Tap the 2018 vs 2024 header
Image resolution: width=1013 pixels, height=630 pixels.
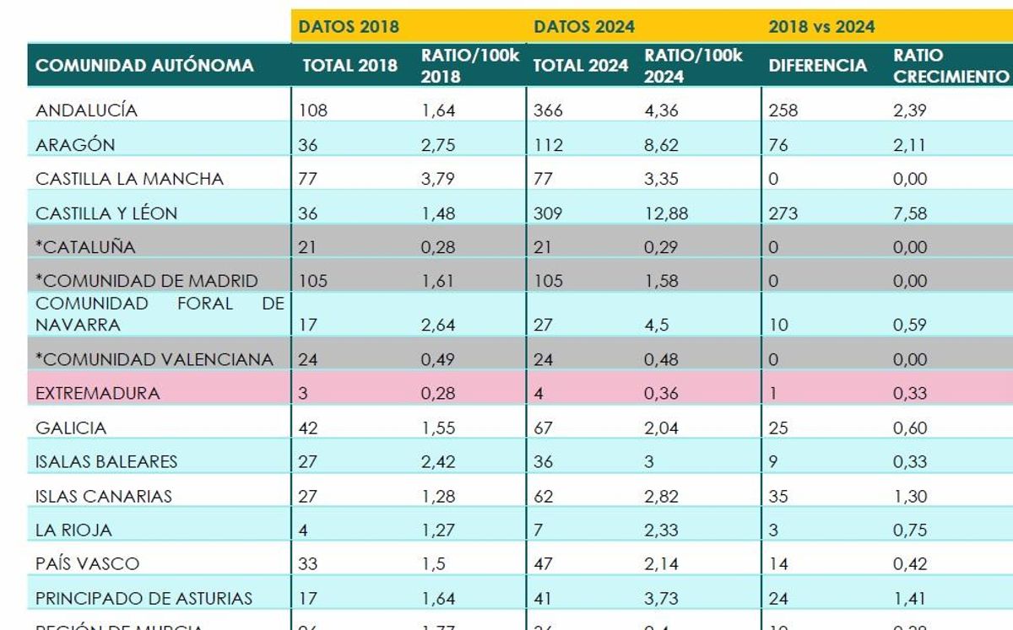coord(821,27)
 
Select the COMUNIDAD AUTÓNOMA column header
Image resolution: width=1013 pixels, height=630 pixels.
coord(144,66)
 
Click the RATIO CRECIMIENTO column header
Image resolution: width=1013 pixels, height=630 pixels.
coord(951,66)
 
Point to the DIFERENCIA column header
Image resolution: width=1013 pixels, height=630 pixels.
coord(817,66)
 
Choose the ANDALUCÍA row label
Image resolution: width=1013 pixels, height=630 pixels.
coord(86,110)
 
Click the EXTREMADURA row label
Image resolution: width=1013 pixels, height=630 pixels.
coord(97,393)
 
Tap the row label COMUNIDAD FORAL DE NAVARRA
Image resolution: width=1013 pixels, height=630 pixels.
coord(160,314)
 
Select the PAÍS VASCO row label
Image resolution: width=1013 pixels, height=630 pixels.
coord(87,563)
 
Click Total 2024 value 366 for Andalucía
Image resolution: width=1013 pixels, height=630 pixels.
coord(548,110)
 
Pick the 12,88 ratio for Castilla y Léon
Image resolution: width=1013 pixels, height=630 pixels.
coord(665,213)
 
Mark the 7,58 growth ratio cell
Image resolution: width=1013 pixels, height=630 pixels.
coord(910,213)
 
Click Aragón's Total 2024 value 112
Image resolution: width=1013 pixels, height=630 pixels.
coord(548,145)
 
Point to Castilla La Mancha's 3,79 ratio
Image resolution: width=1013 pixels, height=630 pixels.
coord(438,179)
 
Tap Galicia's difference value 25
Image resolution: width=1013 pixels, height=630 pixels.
coord(777,428)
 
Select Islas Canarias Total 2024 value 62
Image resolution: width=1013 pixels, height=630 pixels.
coord(544,496)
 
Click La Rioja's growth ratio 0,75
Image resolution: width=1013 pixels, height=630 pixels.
coord(910,530)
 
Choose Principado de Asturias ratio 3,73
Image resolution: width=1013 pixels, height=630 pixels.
coord(661,599)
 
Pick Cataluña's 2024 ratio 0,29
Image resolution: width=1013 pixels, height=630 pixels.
coord(661,247)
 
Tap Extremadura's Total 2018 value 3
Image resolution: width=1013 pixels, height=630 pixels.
coord(303,393)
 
